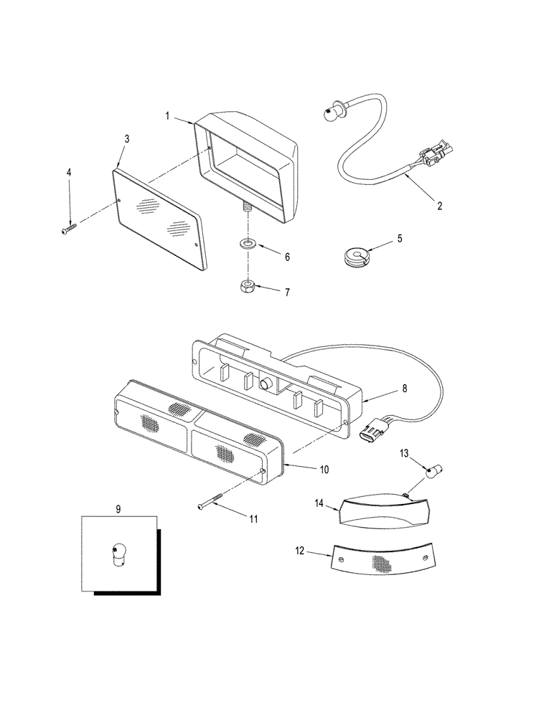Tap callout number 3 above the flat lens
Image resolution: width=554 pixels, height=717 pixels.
coord(126,138)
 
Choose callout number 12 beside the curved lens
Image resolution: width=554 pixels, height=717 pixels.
coord(300,551)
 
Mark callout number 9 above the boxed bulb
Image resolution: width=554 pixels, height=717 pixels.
coord(118,508)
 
